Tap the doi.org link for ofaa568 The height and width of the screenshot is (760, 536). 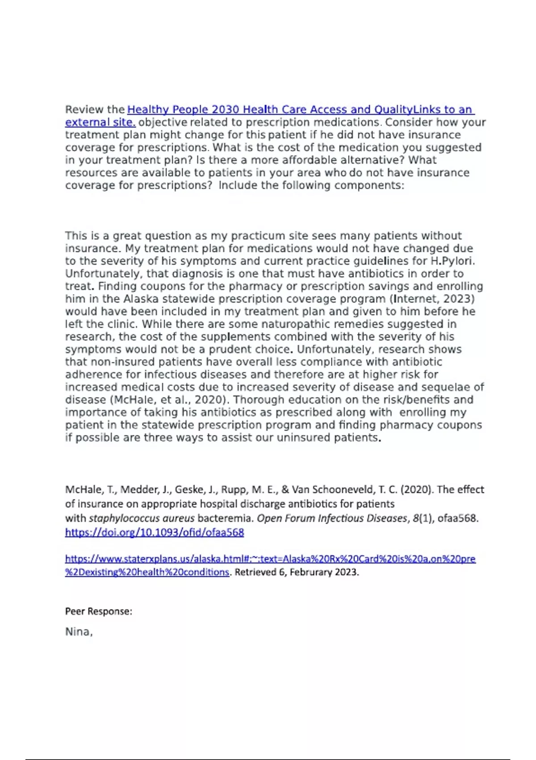pyautogui.click(x=155, y=532)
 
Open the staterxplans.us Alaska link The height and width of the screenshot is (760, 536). pyautogui.click(x=270, y=559)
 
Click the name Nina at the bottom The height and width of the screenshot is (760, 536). pyautogui.click(x=78, y=632)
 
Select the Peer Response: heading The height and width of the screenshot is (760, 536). pyautogui.click(x=99, y=611)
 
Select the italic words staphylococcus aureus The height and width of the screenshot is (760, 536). pyautogui.click(x=142, y=519)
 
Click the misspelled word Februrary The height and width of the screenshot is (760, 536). pyautogui.click(x=310, y=572)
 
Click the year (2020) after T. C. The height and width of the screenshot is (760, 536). pyautogui.click(x=417, y=490)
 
